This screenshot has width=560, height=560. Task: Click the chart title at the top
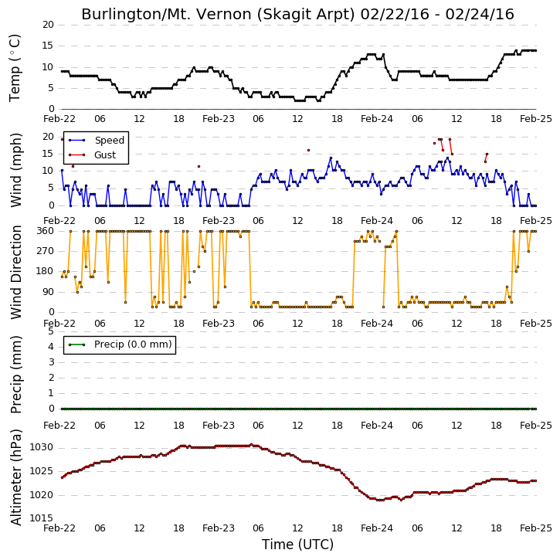(297, 14)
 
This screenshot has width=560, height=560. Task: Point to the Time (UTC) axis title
(297, 545)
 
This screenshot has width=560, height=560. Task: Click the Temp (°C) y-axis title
(15, 68)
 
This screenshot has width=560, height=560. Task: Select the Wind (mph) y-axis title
(15, 171)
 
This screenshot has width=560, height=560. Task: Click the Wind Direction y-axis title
(15, 272)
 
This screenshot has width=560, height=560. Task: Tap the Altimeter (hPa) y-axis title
(15, 477)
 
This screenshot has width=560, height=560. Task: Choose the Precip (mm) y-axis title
(15, 375)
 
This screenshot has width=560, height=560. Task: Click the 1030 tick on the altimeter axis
(42, 447)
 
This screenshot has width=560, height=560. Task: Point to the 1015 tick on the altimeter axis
(42, 518)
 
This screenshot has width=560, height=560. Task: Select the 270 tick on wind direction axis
(46, 251)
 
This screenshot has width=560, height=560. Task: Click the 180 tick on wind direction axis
(46, 271)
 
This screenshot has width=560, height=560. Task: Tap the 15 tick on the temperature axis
(48, 46)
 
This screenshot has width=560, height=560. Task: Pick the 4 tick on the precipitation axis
(51, 347)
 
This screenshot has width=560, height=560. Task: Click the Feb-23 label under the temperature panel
(219, 119)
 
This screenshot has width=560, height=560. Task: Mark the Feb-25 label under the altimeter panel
(536, 528)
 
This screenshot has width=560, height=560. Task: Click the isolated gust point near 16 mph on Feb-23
(308, 151)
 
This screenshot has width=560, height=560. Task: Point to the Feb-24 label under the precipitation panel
(377, 426)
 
